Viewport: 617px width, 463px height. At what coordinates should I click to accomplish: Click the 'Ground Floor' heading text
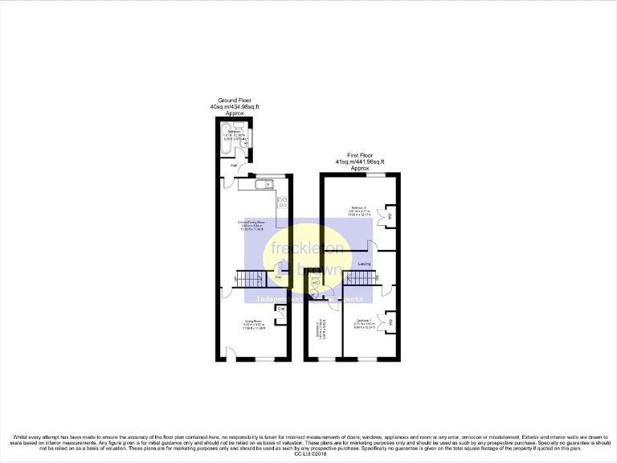click(x=235, y=100)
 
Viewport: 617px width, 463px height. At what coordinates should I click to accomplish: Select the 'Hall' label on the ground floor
click(x=234, y=166)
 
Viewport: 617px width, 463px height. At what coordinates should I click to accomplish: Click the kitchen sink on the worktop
click(x=263, y=186)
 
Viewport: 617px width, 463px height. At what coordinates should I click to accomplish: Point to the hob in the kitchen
click(x=282, y=201)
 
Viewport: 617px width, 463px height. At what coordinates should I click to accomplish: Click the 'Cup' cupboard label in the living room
click(x=281, y=308)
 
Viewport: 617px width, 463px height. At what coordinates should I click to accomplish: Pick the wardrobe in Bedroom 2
click(x=390, y=215)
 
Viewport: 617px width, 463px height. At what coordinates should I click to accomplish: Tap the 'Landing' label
click(x=364, y=263)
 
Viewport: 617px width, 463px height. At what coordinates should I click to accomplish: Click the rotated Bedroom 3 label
click(x=321, y=331)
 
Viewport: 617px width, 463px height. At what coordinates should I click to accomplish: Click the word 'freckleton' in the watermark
click(x=308, y=248)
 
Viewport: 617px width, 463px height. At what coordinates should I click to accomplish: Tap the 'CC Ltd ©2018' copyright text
click(x=308, y=455)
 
